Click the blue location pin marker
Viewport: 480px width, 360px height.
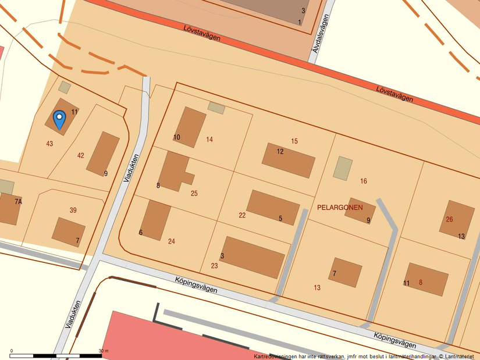pos(59,120)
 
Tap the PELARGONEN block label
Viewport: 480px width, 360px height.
pos(340,208)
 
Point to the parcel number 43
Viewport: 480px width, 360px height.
pos(49,144)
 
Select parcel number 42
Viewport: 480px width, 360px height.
pos(80,155)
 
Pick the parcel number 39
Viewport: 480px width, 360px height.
pos(73,210)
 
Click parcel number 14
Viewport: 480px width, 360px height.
pos(209,140)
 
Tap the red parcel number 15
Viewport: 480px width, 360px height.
pos(294,141)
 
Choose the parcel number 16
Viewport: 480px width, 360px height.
pos(364,181)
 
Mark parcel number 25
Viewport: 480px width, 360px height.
pos(194,193)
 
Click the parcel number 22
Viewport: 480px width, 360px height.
pos(242,215)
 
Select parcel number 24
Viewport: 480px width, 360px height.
pos(172,241)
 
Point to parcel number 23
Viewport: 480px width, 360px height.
pos(214,266)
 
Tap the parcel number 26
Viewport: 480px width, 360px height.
pos(449,219)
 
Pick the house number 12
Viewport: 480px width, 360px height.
pos(280,152)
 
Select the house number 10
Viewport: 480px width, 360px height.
pos(177,137)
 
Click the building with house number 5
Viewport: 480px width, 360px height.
pos(272,207)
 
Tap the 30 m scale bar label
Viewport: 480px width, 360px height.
pos(104,351)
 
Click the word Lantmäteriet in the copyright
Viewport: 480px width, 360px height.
pos(460,356)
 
